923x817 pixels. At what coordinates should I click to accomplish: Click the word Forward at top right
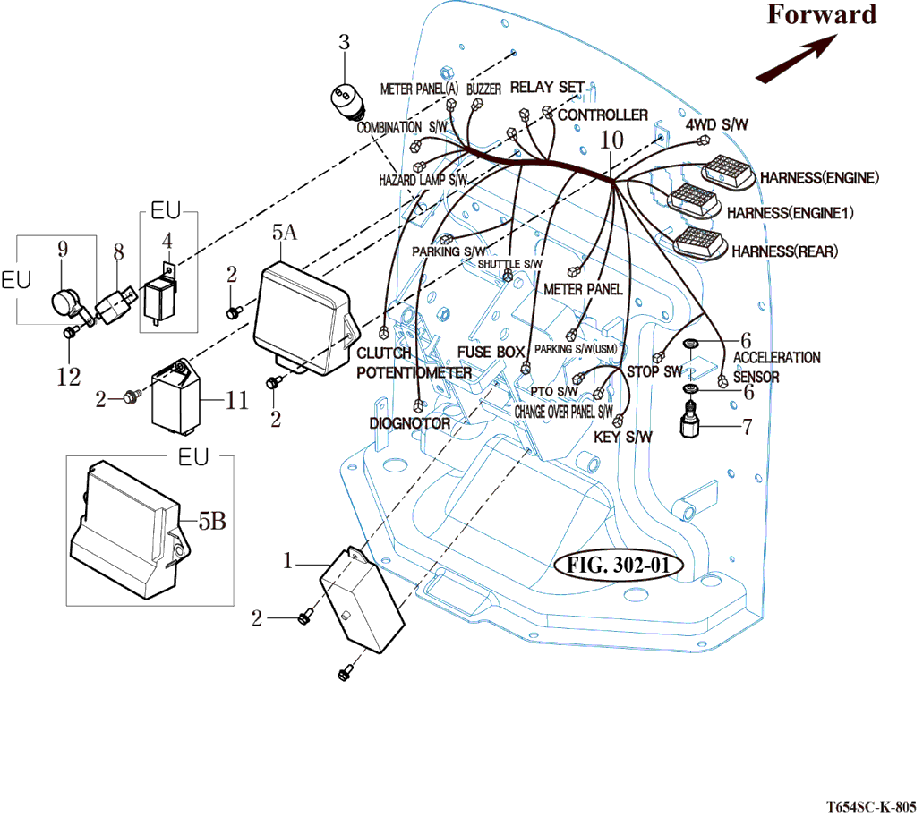coord(821,15)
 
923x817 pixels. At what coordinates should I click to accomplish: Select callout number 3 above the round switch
coord(346,41)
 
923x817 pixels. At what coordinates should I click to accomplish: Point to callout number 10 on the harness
coord(611,140)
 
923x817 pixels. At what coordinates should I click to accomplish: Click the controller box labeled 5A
coord(304,313)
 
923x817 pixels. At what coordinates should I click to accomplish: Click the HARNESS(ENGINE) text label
coord(819,177)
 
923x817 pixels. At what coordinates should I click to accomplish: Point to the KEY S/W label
coord(623,438)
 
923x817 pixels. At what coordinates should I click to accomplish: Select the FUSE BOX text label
coord(491,352)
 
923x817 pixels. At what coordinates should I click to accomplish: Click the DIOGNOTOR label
coord(409,423)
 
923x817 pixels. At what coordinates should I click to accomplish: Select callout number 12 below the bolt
coord(69,377)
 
